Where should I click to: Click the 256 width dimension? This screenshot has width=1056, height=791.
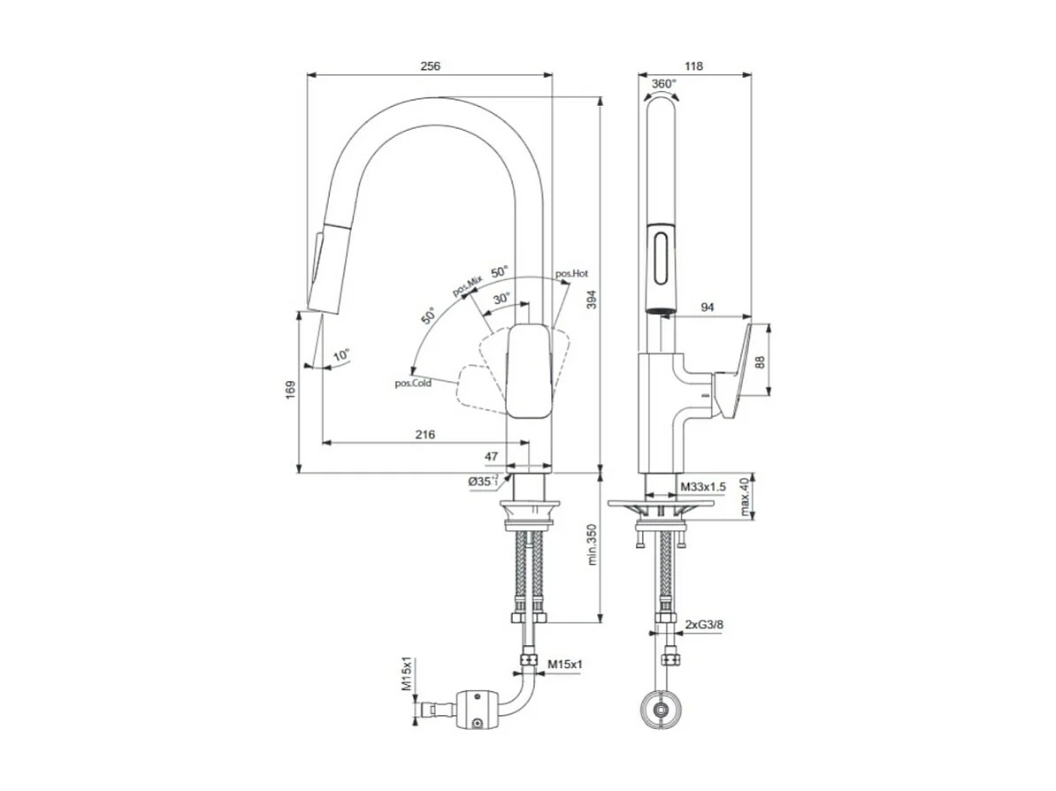tap(430, 66)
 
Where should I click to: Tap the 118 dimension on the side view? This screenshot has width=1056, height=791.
tap(694, 66)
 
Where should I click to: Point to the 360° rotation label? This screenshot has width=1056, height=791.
tap(663, 84)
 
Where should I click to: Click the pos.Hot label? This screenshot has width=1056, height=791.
tap(572, 274)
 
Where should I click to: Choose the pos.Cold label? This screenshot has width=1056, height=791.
tap(413, 383)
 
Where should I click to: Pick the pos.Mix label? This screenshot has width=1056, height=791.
tap(467, 285)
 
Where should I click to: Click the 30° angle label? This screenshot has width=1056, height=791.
tap(501, 299)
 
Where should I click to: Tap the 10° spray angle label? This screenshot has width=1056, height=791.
tap(341, 355)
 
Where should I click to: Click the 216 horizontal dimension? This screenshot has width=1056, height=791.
tap(425, 434)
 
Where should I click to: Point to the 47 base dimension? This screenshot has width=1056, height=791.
tap(492, 456)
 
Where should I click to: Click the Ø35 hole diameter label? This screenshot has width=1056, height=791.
tap(484, 482)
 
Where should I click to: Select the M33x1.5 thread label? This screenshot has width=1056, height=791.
tap(703, 487)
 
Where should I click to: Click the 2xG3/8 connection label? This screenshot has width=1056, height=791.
tap(705, 625)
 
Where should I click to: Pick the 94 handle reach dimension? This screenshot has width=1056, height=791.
tap(708, 308)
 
